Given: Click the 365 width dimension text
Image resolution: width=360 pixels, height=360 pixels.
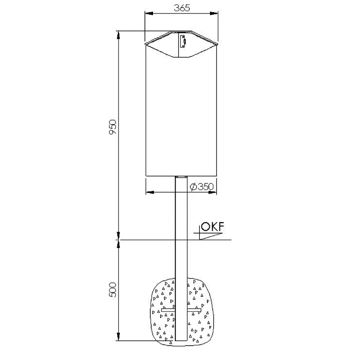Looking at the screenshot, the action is pos(182,8).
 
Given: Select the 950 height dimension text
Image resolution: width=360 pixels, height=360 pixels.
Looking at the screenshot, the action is pos(113,127).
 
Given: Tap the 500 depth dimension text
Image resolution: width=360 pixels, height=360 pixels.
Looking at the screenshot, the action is pos(112,290).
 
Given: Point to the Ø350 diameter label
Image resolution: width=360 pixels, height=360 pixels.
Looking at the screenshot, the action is pos(202,187).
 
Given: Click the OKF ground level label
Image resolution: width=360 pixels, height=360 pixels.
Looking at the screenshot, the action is pos(212,227).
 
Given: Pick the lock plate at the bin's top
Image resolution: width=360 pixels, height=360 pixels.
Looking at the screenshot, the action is pos(183,41).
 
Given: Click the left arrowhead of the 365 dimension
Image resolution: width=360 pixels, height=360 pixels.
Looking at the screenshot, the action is pos(149,13).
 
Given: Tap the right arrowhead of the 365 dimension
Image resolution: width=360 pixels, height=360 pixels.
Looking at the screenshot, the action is pos(214,13).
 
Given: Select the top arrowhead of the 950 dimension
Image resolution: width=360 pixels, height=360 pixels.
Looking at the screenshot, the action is pos(118,35).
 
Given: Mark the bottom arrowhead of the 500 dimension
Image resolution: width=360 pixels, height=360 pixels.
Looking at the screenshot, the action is pos(118,337).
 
